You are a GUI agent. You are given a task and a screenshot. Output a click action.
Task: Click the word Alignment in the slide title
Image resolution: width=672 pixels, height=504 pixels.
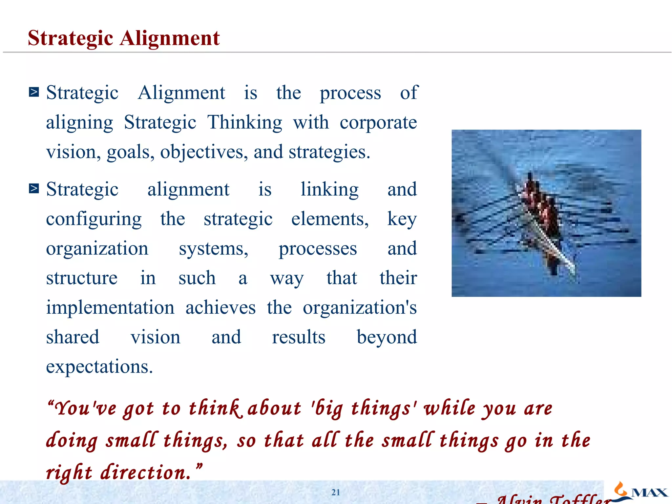pos(170,38)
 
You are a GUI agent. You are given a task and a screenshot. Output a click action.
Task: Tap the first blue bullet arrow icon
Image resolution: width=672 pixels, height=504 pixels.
pos(34,92)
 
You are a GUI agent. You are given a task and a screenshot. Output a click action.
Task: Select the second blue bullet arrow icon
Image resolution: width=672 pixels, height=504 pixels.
pos(34,189)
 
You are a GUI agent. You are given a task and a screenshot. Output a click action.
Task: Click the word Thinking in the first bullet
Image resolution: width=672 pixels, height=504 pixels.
pos(244,123)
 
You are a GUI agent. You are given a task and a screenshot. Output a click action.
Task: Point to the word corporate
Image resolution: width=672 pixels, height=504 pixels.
pos(378,123)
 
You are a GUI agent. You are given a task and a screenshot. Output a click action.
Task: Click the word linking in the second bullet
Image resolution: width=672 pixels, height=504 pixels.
pos(329,190)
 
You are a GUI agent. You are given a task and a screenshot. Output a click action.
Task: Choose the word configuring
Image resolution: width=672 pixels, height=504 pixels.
pos(94,219)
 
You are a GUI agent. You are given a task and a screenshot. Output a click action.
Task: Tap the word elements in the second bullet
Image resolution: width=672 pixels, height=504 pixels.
pos(330,219)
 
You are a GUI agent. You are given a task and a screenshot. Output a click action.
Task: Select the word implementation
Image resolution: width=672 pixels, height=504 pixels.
pos(110,308)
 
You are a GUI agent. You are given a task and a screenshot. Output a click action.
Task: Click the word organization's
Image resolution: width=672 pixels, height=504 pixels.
pos(360,308)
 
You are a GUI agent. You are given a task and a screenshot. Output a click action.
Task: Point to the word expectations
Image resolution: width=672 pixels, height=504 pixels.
pos(99,367)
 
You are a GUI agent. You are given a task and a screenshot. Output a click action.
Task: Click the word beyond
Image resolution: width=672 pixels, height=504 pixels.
pos(387,337)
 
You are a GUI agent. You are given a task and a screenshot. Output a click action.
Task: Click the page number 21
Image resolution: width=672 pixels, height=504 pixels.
pos(336,492)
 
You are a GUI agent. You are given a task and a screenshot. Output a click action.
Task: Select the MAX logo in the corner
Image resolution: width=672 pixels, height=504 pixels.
pos(640,491)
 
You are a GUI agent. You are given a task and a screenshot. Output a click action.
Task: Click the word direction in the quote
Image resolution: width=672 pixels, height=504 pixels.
pos(145,472)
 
